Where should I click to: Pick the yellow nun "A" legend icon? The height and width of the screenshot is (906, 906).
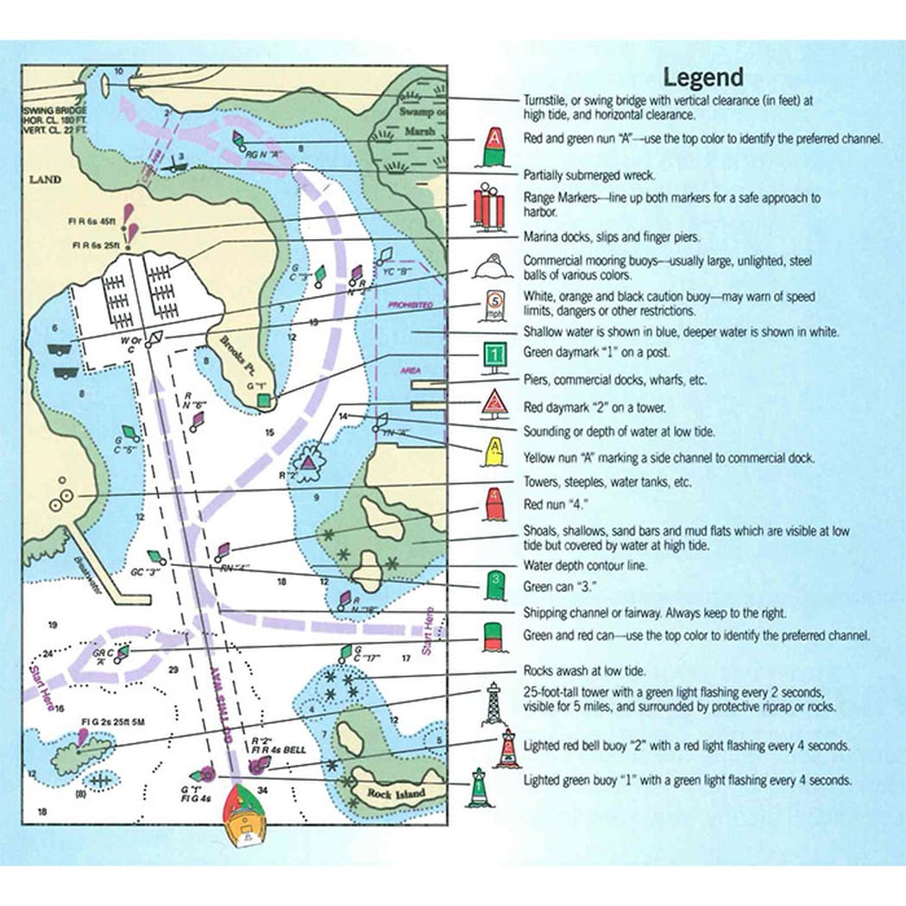click(x=493, y=450)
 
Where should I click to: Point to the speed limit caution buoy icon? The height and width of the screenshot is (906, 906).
click(x=492, y=305)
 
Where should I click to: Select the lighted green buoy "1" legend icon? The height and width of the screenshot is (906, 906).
click(x=477, y=788)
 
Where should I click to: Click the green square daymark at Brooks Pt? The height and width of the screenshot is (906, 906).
click(x=264, y=400)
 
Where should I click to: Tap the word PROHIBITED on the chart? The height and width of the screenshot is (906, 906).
click(x=410, y=305)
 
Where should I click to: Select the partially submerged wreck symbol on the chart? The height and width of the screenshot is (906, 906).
click(x=179, y=165)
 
